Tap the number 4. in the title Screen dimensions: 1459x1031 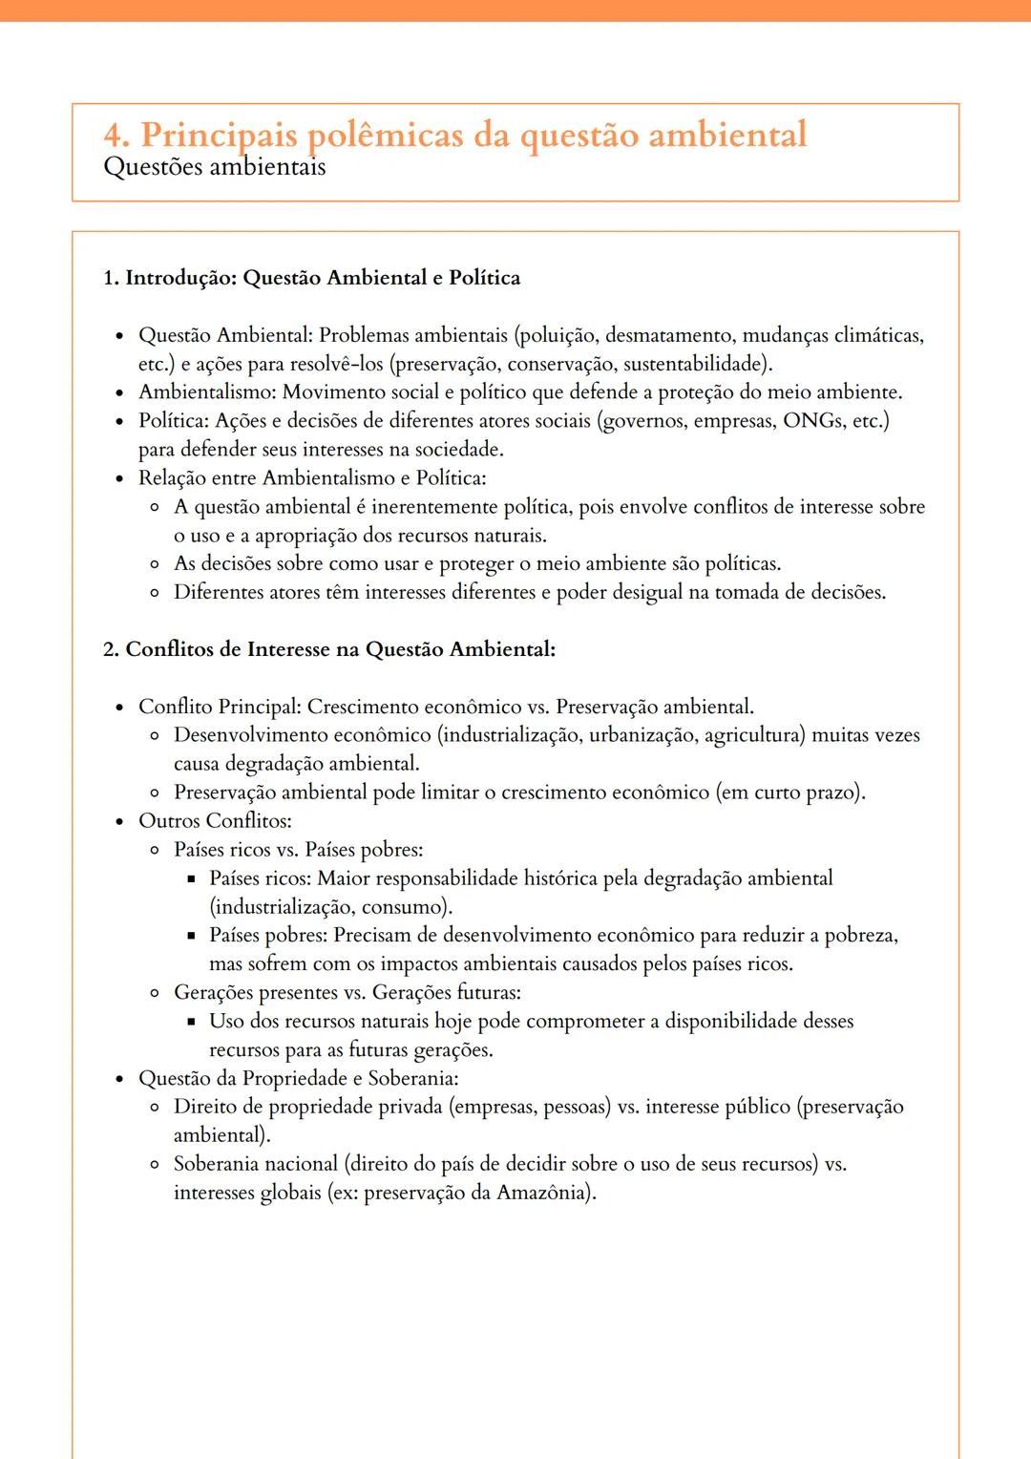tap(116, 135)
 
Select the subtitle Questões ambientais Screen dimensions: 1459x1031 tap(215, 167)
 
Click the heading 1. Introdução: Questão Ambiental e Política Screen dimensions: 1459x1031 tap(312, 278)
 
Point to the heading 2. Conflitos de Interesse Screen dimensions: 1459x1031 tap(329, 649)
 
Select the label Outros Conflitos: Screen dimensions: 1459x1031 tap(215, 821)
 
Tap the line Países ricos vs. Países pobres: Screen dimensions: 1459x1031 tap(298, 850)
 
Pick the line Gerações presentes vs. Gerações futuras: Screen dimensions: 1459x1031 tap(347, 993)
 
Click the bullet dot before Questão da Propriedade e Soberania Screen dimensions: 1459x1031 tap(119, 1079)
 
